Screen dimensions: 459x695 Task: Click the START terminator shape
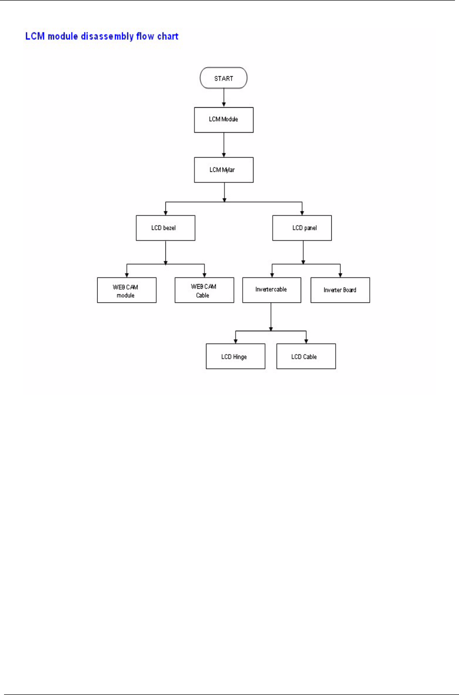click(223, 78)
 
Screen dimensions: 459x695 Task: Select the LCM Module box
click(223, 119)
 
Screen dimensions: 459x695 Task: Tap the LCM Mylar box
click(223, 170)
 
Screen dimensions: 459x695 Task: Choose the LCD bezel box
click(165, 228)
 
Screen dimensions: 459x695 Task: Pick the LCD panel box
click(302, 228)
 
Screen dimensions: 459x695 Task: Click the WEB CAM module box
click(126, 291)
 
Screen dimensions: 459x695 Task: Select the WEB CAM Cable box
click(204, 291)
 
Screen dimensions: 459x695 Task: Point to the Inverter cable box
click(272, 290)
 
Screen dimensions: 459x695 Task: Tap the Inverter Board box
click(340, 290)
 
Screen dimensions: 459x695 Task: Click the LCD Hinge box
click(236, 356)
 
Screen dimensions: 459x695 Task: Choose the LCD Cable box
click(306, 356)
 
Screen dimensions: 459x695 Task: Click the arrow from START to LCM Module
click(223, 97)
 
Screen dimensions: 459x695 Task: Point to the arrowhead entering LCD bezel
click(165, 212)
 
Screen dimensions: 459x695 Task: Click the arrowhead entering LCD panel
click(302, 212)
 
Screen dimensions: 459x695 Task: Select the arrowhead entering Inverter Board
click(340, 275)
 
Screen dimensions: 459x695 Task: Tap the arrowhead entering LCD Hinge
click(236, 341)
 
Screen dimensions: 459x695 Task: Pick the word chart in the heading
click(167, 37)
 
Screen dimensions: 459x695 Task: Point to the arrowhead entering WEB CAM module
click(126, 275)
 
